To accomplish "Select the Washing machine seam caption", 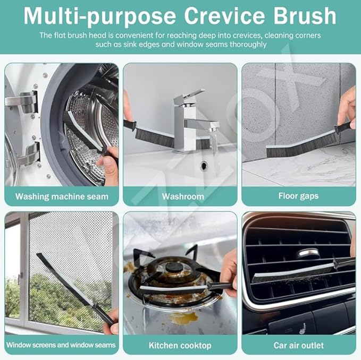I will [x=62, y=196].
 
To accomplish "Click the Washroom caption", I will [x=183, y=196].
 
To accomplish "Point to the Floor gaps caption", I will [x=298, y=196].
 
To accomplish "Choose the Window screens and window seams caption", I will [x=61, y=345].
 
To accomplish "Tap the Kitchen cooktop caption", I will [x=180, y=345].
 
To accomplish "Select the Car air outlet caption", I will [x=299, y=345].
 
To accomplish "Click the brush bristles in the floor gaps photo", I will [x=300, y=147].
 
